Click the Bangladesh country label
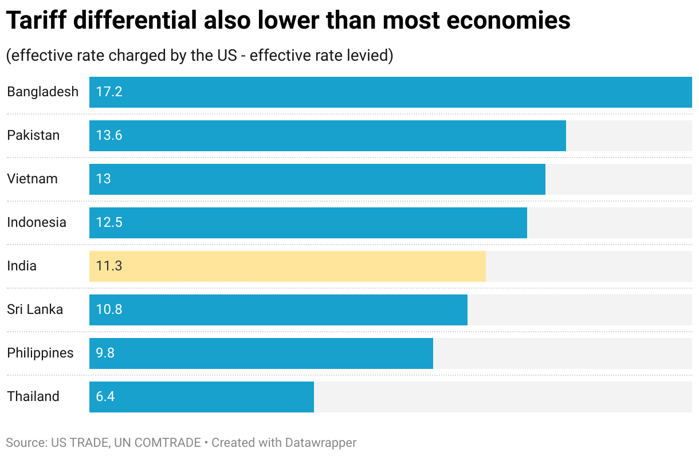(42, 92)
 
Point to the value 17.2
(109, 92)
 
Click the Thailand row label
(33, 396)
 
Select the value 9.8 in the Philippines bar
(105, 353)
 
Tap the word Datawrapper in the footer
(320, 443)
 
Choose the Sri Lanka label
(35, 309)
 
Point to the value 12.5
(109, 222)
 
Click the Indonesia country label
(37, 222)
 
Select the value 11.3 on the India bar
(109, 266)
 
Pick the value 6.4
(105, 396)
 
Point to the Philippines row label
(40, 353)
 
